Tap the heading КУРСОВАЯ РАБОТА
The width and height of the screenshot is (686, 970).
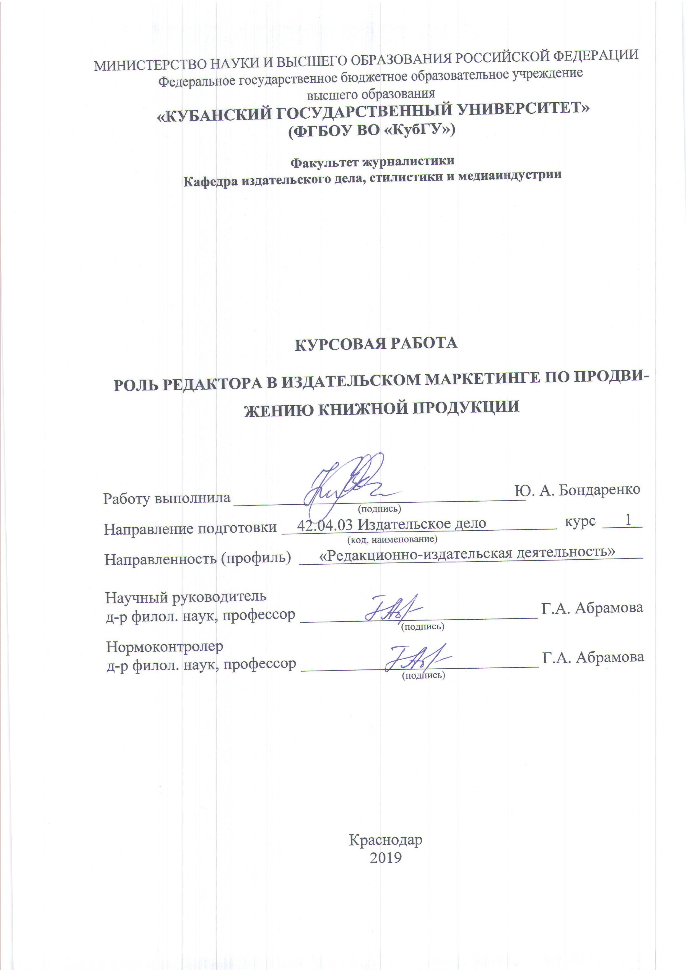[x=376, y=343]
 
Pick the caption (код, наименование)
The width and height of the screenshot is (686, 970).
[x=392, y=539]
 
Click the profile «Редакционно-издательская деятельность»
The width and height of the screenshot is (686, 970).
[x=467, y=552]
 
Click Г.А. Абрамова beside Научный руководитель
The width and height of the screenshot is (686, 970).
[x=592, y=608]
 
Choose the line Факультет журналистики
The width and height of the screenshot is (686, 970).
[x=372, y=161]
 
